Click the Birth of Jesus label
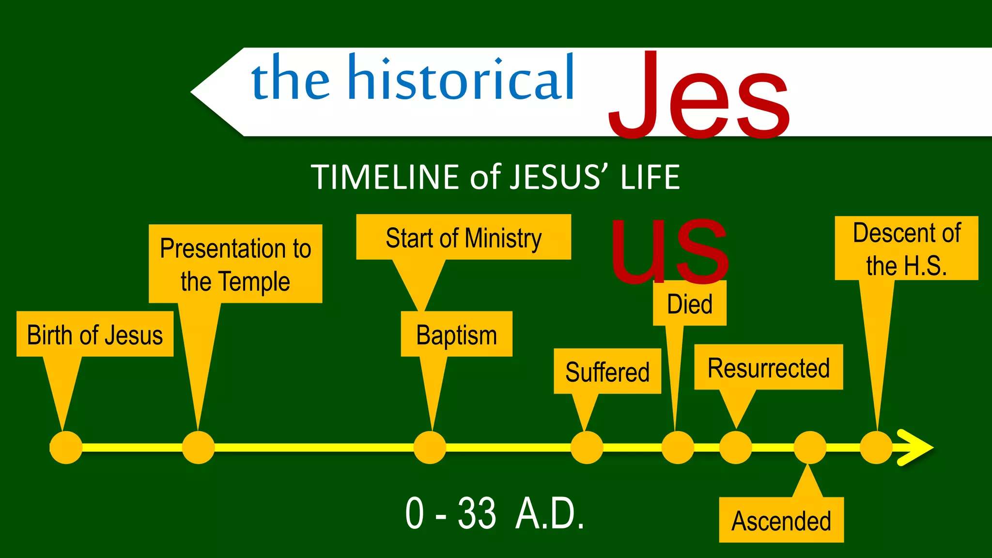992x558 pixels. click(95, 334)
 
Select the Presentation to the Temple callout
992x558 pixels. click(235, 264)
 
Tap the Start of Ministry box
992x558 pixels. click(464, 237)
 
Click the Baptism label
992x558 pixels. click(456, 334)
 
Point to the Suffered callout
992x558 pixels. click(607, 371)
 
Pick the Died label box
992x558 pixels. click(689, 304)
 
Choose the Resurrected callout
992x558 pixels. click(768, 367)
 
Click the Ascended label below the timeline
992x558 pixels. click(781, 520)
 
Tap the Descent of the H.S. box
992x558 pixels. click(906, 248)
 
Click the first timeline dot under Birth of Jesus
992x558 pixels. click(66, 448)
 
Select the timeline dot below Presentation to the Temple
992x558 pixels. click(198, 448)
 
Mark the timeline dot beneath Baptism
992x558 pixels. click(430, 448)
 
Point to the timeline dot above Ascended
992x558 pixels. click(809, 448)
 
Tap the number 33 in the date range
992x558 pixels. click(477, 513)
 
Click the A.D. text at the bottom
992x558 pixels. click(550, 513)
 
